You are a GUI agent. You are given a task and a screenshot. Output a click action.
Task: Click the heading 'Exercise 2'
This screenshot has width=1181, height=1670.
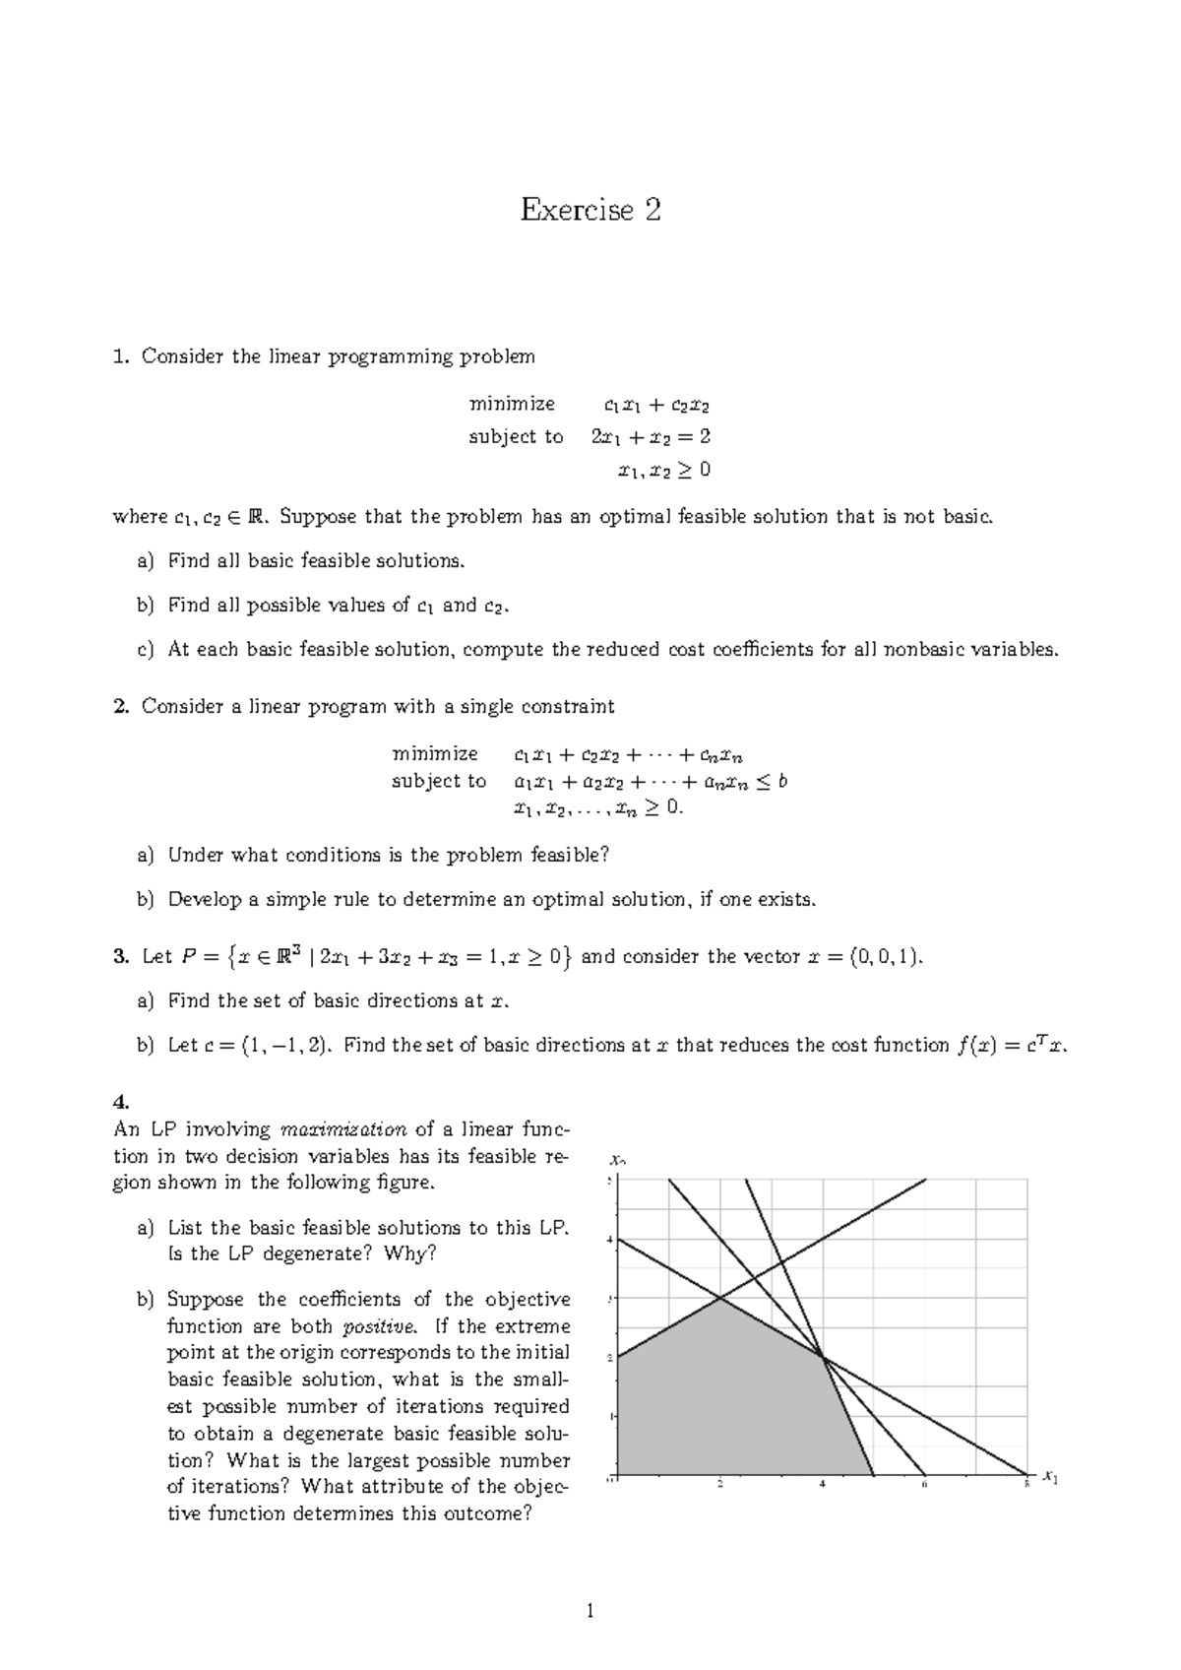click(590, 210)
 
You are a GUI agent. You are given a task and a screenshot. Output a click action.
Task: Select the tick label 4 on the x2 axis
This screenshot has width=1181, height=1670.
click(609, 1240)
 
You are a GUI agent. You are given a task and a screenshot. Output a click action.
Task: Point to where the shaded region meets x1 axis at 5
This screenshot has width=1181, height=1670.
click(873, 1475)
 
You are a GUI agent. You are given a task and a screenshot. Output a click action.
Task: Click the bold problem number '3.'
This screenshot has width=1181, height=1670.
click(121, 956)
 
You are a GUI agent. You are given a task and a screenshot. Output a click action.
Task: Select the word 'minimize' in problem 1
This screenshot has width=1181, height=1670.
click(512, 404)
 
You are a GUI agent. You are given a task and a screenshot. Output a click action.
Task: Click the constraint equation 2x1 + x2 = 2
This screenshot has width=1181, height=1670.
click(650, 436)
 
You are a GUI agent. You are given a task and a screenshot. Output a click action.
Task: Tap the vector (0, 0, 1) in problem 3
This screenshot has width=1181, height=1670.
click(886, 956)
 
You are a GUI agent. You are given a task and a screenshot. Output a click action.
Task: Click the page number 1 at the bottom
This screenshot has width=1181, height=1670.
click(590, 1612)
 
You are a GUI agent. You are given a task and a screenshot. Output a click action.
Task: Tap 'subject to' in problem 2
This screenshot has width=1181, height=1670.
click(439, 781)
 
